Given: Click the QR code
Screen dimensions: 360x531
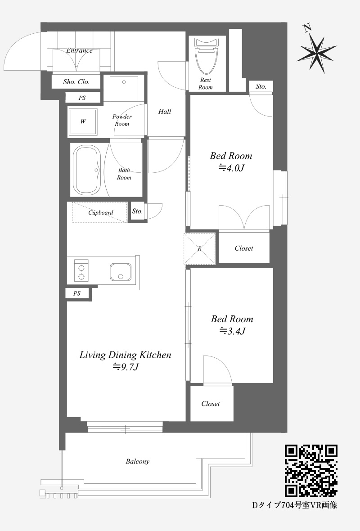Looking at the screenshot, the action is (311, 471).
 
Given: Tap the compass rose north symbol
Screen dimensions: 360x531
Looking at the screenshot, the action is (317, 50).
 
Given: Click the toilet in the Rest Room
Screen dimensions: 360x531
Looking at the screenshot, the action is (207, 55).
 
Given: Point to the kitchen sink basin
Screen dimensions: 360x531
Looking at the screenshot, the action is (120, 272).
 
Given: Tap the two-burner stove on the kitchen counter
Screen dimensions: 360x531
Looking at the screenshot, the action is (81, 272).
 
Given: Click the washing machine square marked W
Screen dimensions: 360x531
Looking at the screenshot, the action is (83, 121).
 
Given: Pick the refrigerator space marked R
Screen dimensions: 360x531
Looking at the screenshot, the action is (199, 248).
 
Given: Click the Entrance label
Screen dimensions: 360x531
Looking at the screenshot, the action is (79, 50).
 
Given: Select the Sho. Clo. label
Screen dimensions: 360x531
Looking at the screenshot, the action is (76, 81).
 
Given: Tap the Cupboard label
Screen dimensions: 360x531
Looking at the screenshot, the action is (101, 213).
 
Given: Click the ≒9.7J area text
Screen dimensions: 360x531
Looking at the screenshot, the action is (125, 367).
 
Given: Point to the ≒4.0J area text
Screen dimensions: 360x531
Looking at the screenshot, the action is (231, 168).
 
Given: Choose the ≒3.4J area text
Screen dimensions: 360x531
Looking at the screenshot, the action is (232, 331).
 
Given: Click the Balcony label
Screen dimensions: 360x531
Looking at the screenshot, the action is (138, 462).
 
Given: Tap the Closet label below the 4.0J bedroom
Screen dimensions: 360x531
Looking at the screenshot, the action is (244, 248).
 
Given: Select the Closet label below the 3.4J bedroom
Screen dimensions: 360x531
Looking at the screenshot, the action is (211, 404).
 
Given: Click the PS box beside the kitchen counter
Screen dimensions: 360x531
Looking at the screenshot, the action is (77, 293).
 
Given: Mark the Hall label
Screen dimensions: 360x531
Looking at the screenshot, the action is (165, 112).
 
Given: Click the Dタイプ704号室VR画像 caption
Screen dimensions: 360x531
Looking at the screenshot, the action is (295, 505).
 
